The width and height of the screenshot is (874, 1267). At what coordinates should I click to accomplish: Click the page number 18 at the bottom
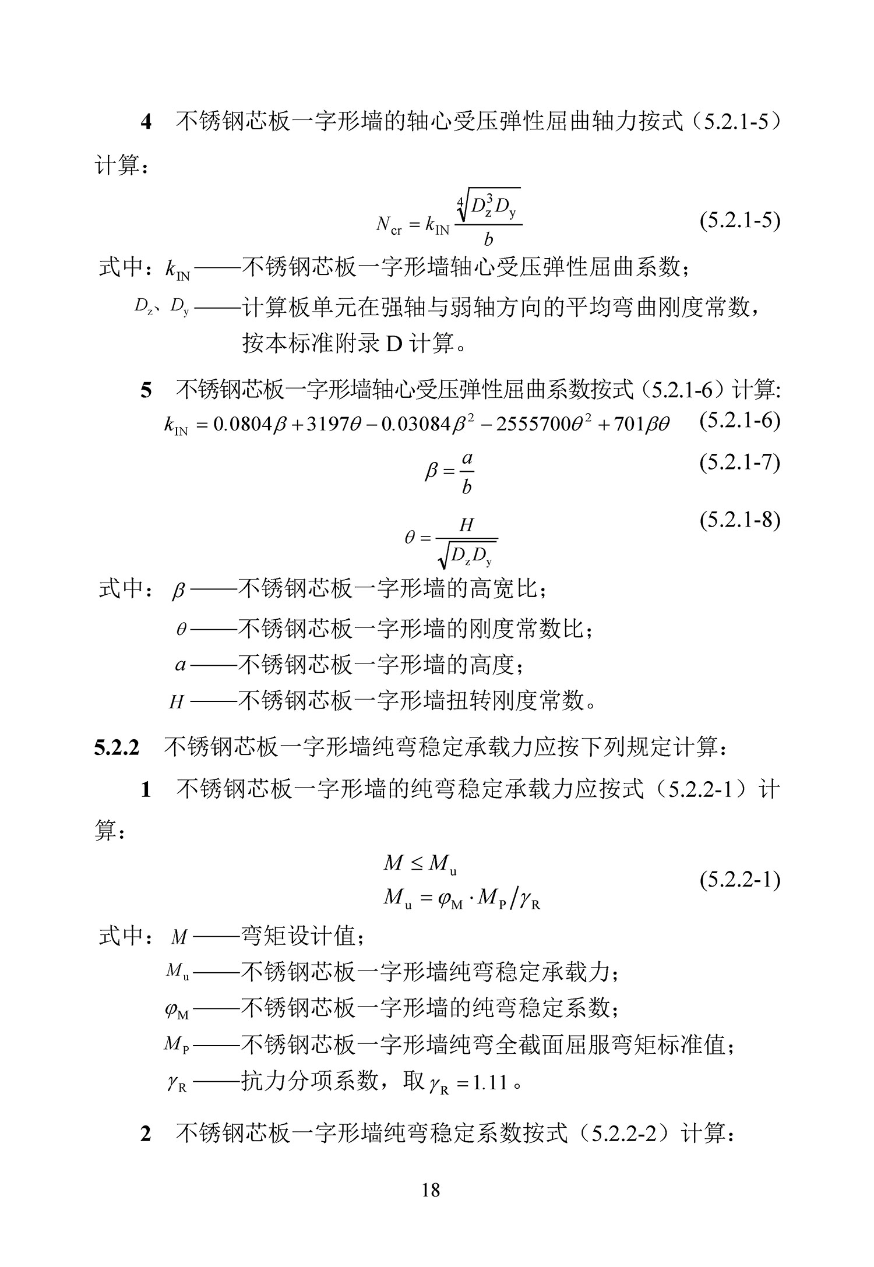click(x=431, y=1189)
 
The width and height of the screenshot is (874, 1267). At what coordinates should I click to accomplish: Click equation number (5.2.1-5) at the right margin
click(x=739, y=221)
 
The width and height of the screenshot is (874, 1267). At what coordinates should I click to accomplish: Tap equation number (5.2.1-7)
click(x=739, y=463)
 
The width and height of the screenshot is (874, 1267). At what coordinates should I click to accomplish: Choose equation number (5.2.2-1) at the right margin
click(x=739, y=880)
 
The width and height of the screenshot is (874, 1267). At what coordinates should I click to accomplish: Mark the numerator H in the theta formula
click(x=466, y=525)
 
